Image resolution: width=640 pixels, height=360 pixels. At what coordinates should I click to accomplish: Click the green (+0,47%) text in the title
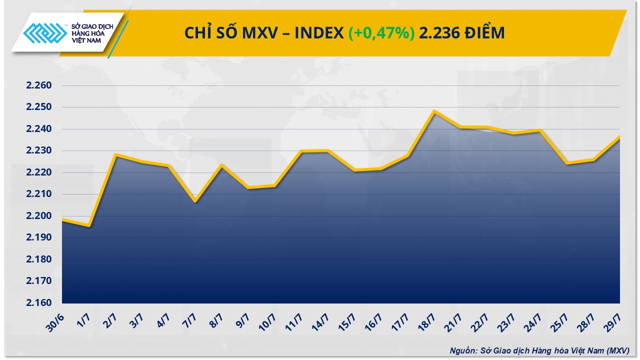coord(381,33)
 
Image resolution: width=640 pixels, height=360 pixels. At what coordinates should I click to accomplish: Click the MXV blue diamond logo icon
coord(45,33)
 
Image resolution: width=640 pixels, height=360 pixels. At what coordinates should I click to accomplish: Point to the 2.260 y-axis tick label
coord(39,85)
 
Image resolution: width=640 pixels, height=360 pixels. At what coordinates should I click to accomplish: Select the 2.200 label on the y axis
coord(39,216)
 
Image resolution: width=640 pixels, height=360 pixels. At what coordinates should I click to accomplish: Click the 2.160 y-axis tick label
coord(39,303)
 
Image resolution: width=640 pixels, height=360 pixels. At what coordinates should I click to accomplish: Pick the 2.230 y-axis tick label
coord(39,151)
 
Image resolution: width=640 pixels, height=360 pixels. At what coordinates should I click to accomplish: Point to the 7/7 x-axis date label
coord(189,321)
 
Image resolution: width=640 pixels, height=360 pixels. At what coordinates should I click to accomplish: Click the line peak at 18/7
coord(434,111)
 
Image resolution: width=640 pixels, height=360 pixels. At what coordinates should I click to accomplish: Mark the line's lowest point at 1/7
coord(89,225)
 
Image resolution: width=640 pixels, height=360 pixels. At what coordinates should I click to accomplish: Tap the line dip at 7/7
coord(195,201)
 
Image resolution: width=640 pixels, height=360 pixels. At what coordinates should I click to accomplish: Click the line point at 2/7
coord(115,154)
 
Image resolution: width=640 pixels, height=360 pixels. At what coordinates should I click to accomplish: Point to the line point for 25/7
coord(567,163)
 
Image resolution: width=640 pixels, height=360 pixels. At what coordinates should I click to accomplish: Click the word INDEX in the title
coord(319,33)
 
